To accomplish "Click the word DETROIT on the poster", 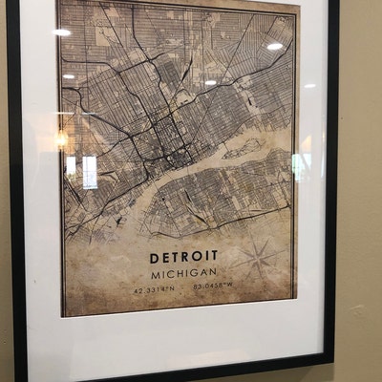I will tap(183, 256).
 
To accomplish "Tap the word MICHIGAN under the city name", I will tap(183, 273).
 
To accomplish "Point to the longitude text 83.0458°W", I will tap(216, 286).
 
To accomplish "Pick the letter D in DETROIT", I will tap(155, 257).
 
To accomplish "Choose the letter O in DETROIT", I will tap(202, 256).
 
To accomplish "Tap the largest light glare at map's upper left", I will tap(61, 32).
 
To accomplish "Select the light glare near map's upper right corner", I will tap(275, 46).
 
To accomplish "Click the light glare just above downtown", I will tap(210, 82).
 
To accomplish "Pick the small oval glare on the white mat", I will tap(309, 85).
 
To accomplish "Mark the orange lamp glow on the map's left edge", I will tap(61, 139).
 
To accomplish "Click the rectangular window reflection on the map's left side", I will tap(89, 172).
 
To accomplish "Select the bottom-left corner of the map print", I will tap(64, 314).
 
